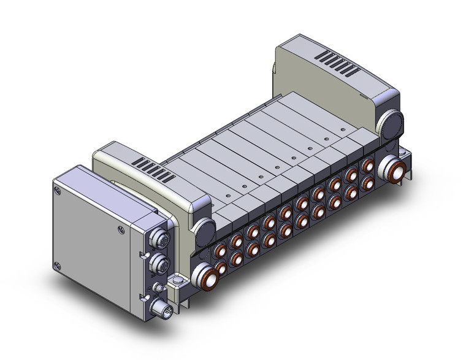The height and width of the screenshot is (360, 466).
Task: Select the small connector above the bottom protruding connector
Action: [158, 286]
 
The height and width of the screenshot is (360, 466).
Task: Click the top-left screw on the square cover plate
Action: [59, 191]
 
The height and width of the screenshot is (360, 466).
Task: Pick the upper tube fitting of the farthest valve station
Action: [368, 166]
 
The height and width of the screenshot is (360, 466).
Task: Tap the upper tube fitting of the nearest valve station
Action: [219, 251]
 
